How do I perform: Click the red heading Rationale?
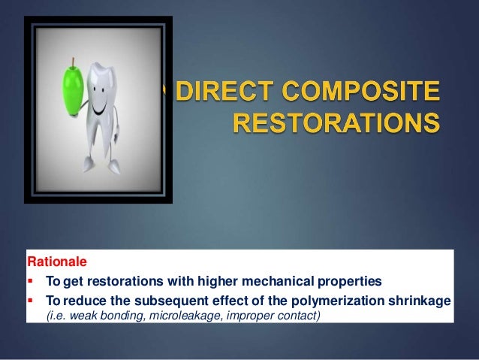click(x=57, y=263)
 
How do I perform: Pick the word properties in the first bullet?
click(x=347, y=282)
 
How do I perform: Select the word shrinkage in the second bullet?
click(x=424, y=301)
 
